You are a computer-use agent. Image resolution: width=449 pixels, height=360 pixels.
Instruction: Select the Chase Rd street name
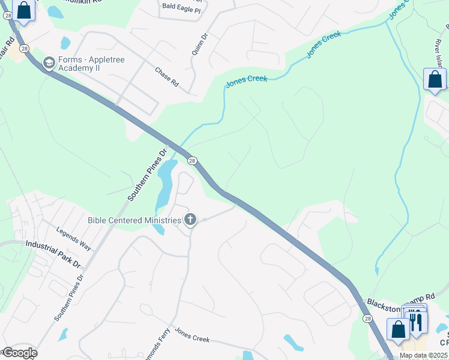tap(167, 77)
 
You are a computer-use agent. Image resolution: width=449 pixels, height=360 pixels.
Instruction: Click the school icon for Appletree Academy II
tap(49, 62)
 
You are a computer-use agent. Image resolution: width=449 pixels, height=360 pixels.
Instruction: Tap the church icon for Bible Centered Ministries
tap(190, 220)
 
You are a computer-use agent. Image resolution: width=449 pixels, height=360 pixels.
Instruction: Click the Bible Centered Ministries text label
tap(134, 220)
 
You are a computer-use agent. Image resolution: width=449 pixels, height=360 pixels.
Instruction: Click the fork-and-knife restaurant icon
tap(416, 322)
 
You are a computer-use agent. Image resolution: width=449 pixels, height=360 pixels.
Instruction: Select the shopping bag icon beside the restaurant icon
tap(398, 329)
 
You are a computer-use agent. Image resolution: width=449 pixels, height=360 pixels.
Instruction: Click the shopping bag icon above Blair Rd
tap(23, 11)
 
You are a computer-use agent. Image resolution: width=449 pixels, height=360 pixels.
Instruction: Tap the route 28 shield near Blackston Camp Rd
tap(367, 319)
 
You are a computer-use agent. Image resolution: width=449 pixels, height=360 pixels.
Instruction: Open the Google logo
tap(19, 352)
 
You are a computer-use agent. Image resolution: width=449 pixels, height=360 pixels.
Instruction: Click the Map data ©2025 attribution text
tap(423, 355)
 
